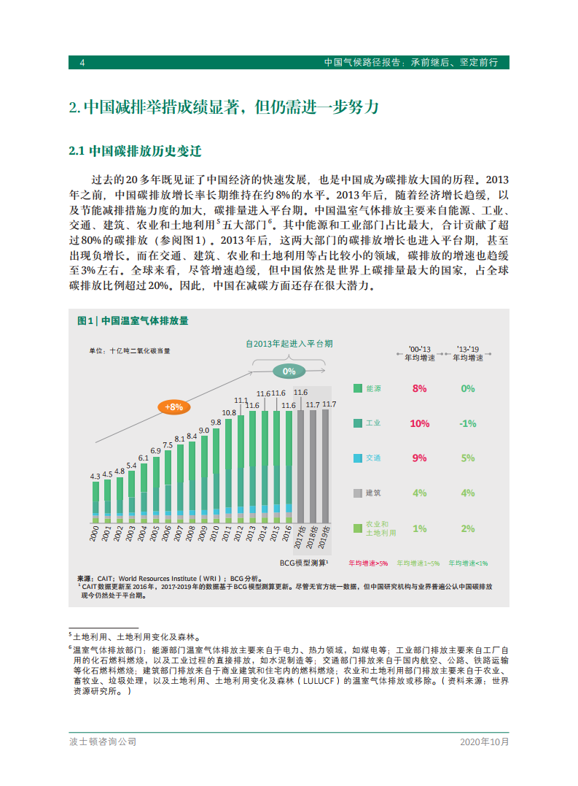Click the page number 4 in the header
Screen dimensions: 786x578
(82, 63)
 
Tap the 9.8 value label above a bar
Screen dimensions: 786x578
(216, 423)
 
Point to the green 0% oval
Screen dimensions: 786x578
(289, 371)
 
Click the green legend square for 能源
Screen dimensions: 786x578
(357, 388)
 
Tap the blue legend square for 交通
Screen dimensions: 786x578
(357, 458)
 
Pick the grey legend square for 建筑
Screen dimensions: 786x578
(357, 493)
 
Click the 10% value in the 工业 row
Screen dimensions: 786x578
(419, 423)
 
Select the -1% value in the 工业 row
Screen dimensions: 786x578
(467, 423)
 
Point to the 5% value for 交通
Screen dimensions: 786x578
(467, 458)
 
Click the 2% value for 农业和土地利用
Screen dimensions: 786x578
(467, 528)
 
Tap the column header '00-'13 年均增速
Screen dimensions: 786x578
(419, 353)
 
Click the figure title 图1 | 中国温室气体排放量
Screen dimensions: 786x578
(133, 320)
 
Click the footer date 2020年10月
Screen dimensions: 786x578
(484, 741)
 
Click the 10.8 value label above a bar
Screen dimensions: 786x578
(228, 413)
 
